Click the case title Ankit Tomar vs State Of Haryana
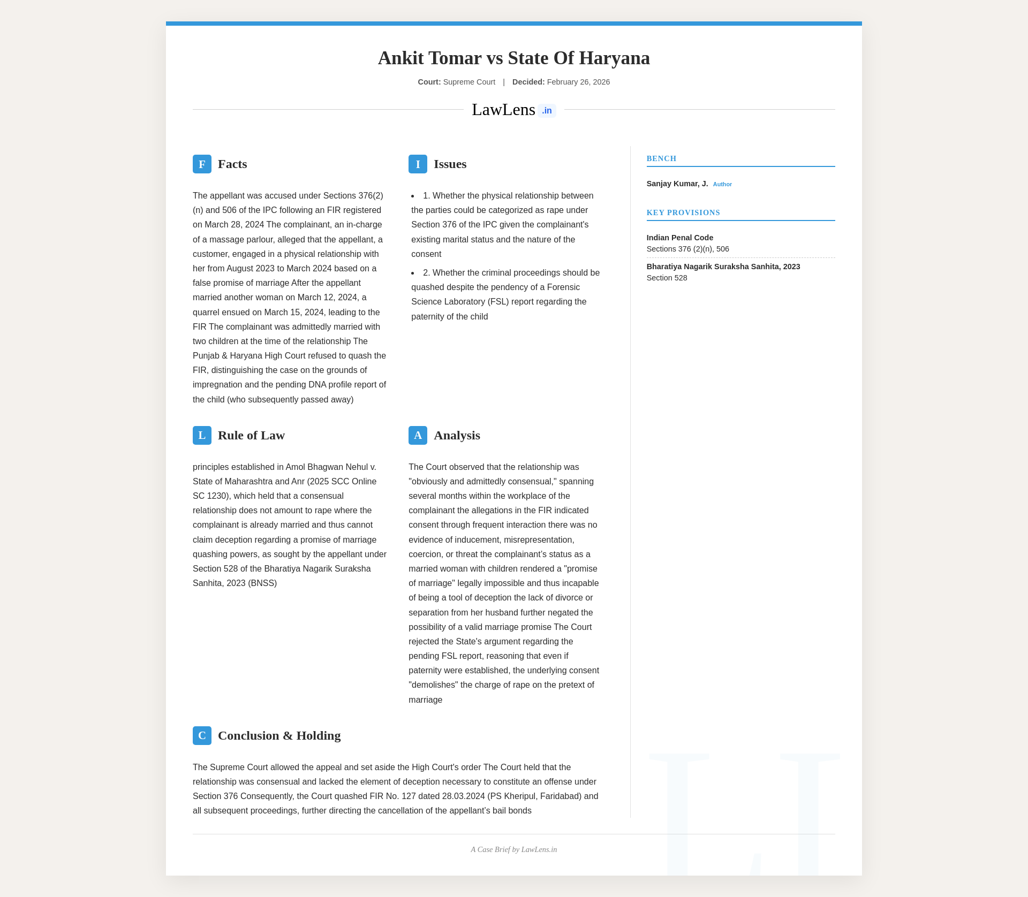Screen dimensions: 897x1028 (513, 58)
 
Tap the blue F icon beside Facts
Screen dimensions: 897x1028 (202, 164)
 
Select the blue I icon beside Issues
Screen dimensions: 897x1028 (418, 164)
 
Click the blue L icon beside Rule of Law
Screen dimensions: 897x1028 (202, 435)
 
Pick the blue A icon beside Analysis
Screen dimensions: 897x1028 (418, 435)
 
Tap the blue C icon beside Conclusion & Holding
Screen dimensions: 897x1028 (202, 735)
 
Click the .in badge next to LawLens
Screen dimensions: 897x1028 (547, 110)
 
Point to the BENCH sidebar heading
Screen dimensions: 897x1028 (661, 158)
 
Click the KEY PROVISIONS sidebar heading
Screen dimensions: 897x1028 (683, 212)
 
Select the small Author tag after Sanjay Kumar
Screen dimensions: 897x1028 (722, 184)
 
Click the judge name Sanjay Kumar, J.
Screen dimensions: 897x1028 (677, 184)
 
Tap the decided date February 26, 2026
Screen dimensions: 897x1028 (578, 82)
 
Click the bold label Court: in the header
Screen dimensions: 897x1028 (429, 82)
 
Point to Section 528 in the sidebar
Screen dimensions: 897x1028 (667, 278)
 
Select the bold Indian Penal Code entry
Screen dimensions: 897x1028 (679, 238)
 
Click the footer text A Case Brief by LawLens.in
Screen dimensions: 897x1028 (513, 849)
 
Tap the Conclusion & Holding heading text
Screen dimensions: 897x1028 (279, 735)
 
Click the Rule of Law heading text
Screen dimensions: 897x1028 (251, 435)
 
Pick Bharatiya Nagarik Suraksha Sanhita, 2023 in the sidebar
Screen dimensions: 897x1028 (723, 267)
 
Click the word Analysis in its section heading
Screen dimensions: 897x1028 (457, 435)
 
